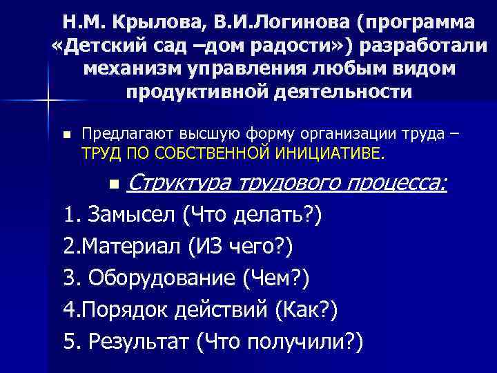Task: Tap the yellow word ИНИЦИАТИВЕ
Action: (331, 152)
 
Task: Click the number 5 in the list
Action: (68, 341)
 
